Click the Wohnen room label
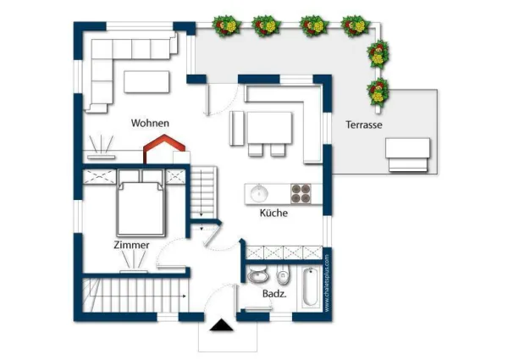[150, 123]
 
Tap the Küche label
[273, 213]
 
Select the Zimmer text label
[131, 245]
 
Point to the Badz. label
[274, 294]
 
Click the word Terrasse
[364, 125]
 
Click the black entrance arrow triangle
[221, 325]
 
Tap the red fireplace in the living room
[164, 148]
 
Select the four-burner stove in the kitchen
[301, 194]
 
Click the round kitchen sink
[259, 193]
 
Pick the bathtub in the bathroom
[310, 287]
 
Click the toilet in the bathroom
[283, 274]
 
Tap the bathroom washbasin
[258, 276]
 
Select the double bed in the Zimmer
[141, 208]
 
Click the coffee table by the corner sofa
[146, 81]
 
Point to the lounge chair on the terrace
[408, 154]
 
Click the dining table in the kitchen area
[269, 128]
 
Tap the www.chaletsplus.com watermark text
[327, 283]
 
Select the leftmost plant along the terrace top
[226, 25]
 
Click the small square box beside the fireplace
[181, 158]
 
